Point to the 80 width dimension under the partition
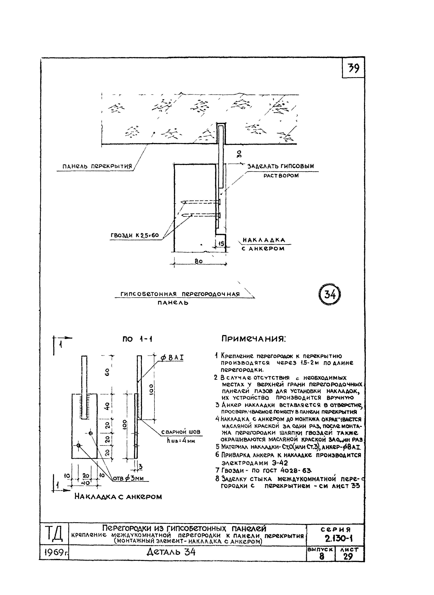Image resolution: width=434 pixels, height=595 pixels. (x=199, y=261)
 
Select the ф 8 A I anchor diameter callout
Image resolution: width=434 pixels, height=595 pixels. (x=172, y=358)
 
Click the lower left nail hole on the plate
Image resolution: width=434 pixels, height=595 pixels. (x=78, y=445)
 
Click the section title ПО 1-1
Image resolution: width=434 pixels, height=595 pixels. (x=137, y=339)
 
